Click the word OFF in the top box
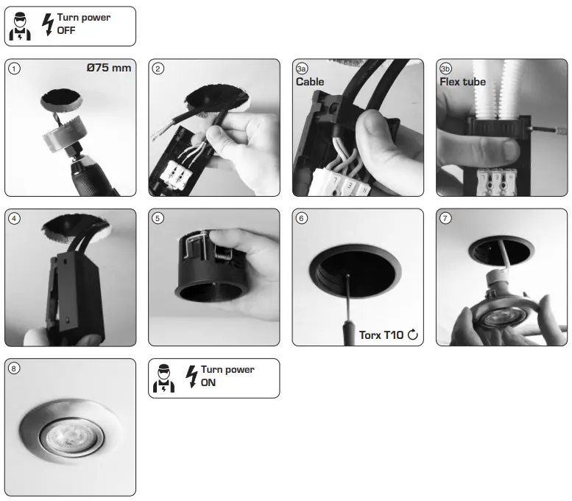click(x=66, y=30)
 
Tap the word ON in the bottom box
click(x=208, y=382)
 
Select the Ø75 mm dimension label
click(x=109, y=69)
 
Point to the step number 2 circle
click(x=158, y=69)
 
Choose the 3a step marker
click(x=302, y=69)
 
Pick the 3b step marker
click(x=445, y=69)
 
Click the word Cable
click(x=310, y=82)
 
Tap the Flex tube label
click(x=463, y=82)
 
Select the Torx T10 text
click(x=381, y=335)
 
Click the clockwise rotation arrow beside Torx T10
click(x=413, y=335)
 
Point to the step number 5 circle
click(x=158, y=218)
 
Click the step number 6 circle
click(x=302, y=218)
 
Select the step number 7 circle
click(x=445, y=218)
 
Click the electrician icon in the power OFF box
click(x=20, y=27)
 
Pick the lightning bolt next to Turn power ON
click(x=192, y=376)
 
